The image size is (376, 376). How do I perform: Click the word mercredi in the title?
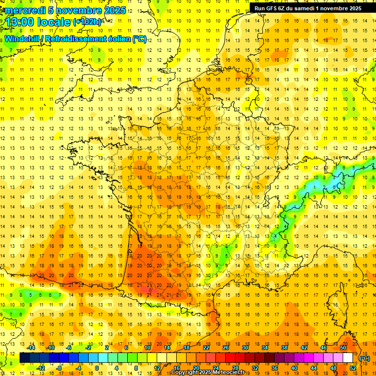click(x=25, y=10)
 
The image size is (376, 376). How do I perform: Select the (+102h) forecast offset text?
click(x=87, y=22)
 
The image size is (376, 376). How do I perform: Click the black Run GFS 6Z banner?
click(x=308, y=8)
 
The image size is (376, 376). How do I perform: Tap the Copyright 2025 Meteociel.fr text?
click(x=208, y=373)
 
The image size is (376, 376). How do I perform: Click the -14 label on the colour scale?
click(x=31, y=348)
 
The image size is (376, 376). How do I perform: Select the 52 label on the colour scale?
click(x=353, y=368)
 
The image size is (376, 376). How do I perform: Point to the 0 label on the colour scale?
click(x=97, y=368)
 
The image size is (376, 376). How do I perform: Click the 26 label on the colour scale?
click(x=226, y=348)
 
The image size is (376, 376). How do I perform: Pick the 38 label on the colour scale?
click(x=284, y=348)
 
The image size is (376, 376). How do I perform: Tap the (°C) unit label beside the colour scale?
click(x=364, y=358)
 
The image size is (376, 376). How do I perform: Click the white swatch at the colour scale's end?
click(x=348, y=358)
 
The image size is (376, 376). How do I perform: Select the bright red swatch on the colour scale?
click(x=231, y=358)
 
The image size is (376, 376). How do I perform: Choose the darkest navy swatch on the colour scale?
click(x=24, y=358)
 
